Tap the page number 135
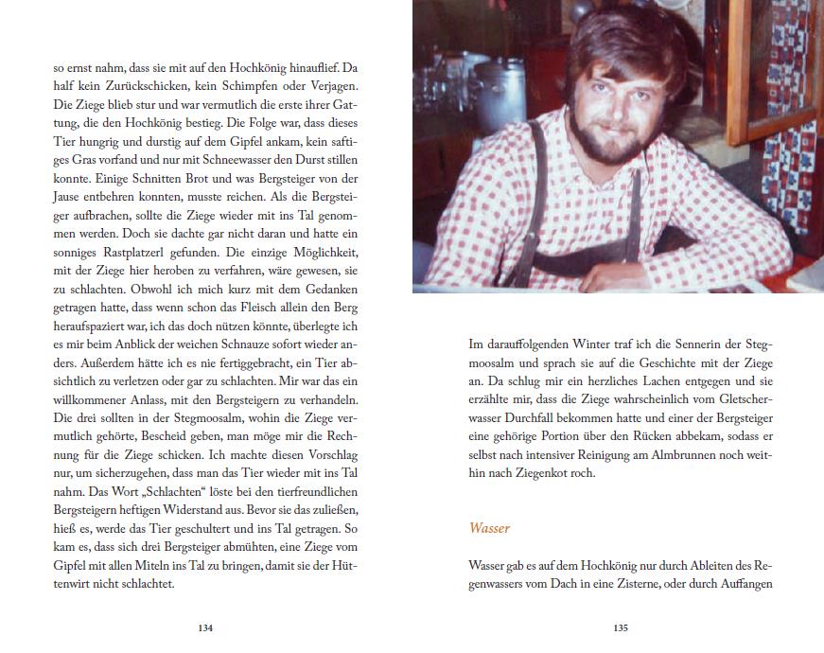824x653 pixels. point(621,627)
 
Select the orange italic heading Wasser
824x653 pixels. point(490,527)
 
